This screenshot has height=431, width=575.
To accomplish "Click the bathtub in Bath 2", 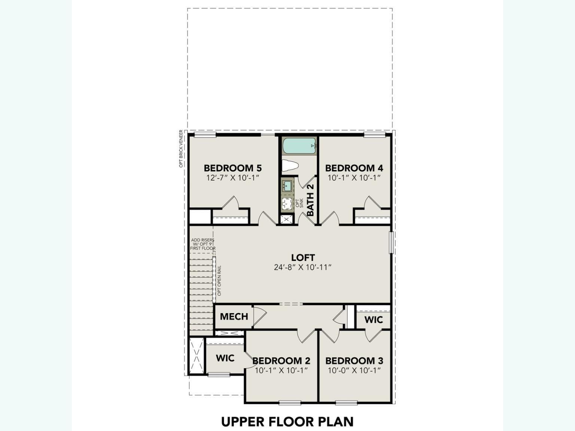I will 299,146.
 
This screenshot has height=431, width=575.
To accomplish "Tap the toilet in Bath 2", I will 289,165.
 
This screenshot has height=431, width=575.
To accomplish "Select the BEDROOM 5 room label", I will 232,168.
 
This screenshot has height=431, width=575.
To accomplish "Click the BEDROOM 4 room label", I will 354,168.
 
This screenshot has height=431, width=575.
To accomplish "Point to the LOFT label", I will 303,257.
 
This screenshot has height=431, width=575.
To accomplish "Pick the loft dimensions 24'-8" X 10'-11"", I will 303,267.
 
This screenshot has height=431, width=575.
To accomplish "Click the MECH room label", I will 234,317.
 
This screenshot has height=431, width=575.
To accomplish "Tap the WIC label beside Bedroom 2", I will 225,358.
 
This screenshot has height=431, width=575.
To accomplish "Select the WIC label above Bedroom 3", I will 374,320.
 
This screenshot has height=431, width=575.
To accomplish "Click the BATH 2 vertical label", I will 310,200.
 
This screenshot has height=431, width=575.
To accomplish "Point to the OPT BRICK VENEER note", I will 181,149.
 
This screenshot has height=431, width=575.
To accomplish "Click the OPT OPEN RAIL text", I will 219,281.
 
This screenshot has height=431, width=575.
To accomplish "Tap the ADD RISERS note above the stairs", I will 203,244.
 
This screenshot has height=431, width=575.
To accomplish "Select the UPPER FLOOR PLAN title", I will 287,422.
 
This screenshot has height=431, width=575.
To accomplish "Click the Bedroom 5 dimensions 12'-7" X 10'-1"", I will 232,178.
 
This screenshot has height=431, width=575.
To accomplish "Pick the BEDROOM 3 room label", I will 354,361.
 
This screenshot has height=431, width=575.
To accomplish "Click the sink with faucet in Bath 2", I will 287,186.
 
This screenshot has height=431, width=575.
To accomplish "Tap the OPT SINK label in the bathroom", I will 299,203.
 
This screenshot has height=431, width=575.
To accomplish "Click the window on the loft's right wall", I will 391,242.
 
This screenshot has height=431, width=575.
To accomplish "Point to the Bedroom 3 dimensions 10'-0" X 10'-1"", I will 354,370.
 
